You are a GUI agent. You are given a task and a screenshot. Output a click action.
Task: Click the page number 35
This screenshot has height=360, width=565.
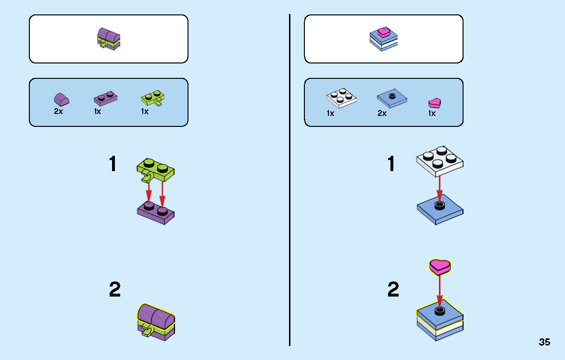click(544, 342)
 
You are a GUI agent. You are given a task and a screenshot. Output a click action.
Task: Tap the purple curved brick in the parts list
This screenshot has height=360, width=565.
click(61, 99)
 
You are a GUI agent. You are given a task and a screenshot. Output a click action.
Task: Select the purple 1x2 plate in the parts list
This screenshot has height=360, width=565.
click(106, 98)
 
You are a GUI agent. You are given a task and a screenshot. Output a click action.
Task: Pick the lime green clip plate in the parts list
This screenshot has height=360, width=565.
click(153, 98)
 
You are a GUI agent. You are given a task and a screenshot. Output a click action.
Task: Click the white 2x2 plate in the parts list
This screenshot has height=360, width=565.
click(341, 98)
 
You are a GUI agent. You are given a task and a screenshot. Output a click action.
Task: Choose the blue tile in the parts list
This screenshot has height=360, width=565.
click(392, 98)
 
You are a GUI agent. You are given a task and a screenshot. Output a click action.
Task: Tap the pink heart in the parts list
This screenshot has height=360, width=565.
click(435, 103)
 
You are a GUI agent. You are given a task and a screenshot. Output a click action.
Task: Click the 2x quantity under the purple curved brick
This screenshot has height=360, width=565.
click(58, 111)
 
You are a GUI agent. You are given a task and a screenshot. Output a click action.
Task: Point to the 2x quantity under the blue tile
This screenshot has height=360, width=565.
click(382, 113)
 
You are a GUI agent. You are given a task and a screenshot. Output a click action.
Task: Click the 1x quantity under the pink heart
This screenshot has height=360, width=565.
click(432, 113)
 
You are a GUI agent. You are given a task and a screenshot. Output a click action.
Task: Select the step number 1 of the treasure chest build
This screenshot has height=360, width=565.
click(113, 164)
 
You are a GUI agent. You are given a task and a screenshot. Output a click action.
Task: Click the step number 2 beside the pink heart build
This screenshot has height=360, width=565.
click(393, 289)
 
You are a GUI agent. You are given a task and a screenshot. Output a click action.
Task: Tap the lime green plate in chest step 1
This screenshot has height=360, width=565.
click(155, 170)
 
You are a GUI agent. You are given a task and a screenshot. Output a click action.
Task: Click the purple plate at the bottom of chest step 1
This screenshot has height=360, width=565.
click(156, 213)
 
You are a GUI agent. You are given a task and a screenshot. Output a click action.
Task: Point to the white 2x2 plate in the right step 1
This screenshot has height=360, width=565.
click(439, 161)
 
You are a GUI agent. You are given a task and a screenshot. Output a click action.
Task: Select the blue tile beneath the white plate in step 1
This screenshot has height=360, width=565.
click(440, 210)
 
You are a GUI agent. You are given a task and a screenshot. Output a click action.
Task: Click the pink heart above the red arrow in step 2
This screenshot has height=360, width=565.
click(439, 267)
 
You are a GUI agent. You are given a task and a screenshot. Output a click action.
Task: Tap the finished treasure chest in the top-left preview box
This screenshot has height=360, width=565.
click(109, 38)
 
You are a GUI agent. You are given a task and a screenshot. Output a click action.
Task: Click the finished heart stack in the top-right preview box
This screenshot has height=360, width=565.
click(383, 38)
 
